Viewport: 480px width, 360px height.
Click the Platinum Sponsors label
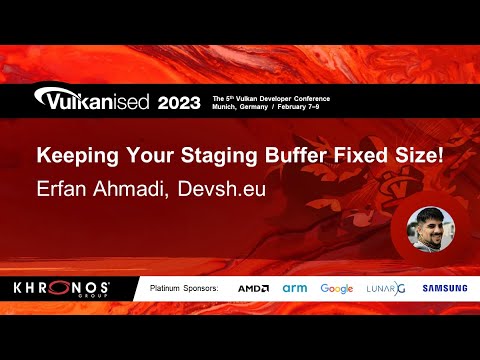tap(183, 288)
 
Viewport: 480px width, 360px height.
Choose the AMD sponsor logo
tap(253, 288)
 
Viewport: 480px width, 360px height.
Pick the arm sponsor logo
tap(294, 288)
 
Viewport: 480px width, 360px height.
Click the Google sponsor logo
tap(337, 288)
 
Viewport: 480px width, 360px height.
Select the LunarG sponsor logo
tap(385, 288)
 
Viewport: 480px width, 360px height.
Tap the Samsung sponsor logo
tap(443, 288)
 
